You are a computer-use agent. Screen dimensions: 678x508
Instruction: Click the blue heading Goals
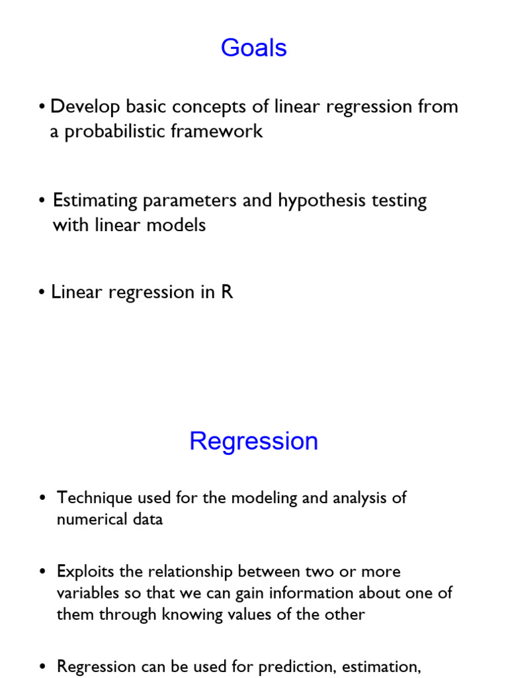tap(254, 48)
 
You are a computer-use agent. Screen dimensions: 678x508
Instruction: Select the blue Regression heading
tap(254, 441)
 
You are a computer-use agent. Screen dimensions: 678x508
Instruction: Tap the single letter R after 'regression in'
tap(227, 292)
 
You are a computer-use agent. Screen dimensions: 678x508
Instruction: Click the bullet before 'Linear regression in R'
tap(42, 293)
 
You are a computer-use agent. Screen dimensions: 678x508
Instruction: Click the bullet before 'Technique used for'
tap(43, 498)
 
